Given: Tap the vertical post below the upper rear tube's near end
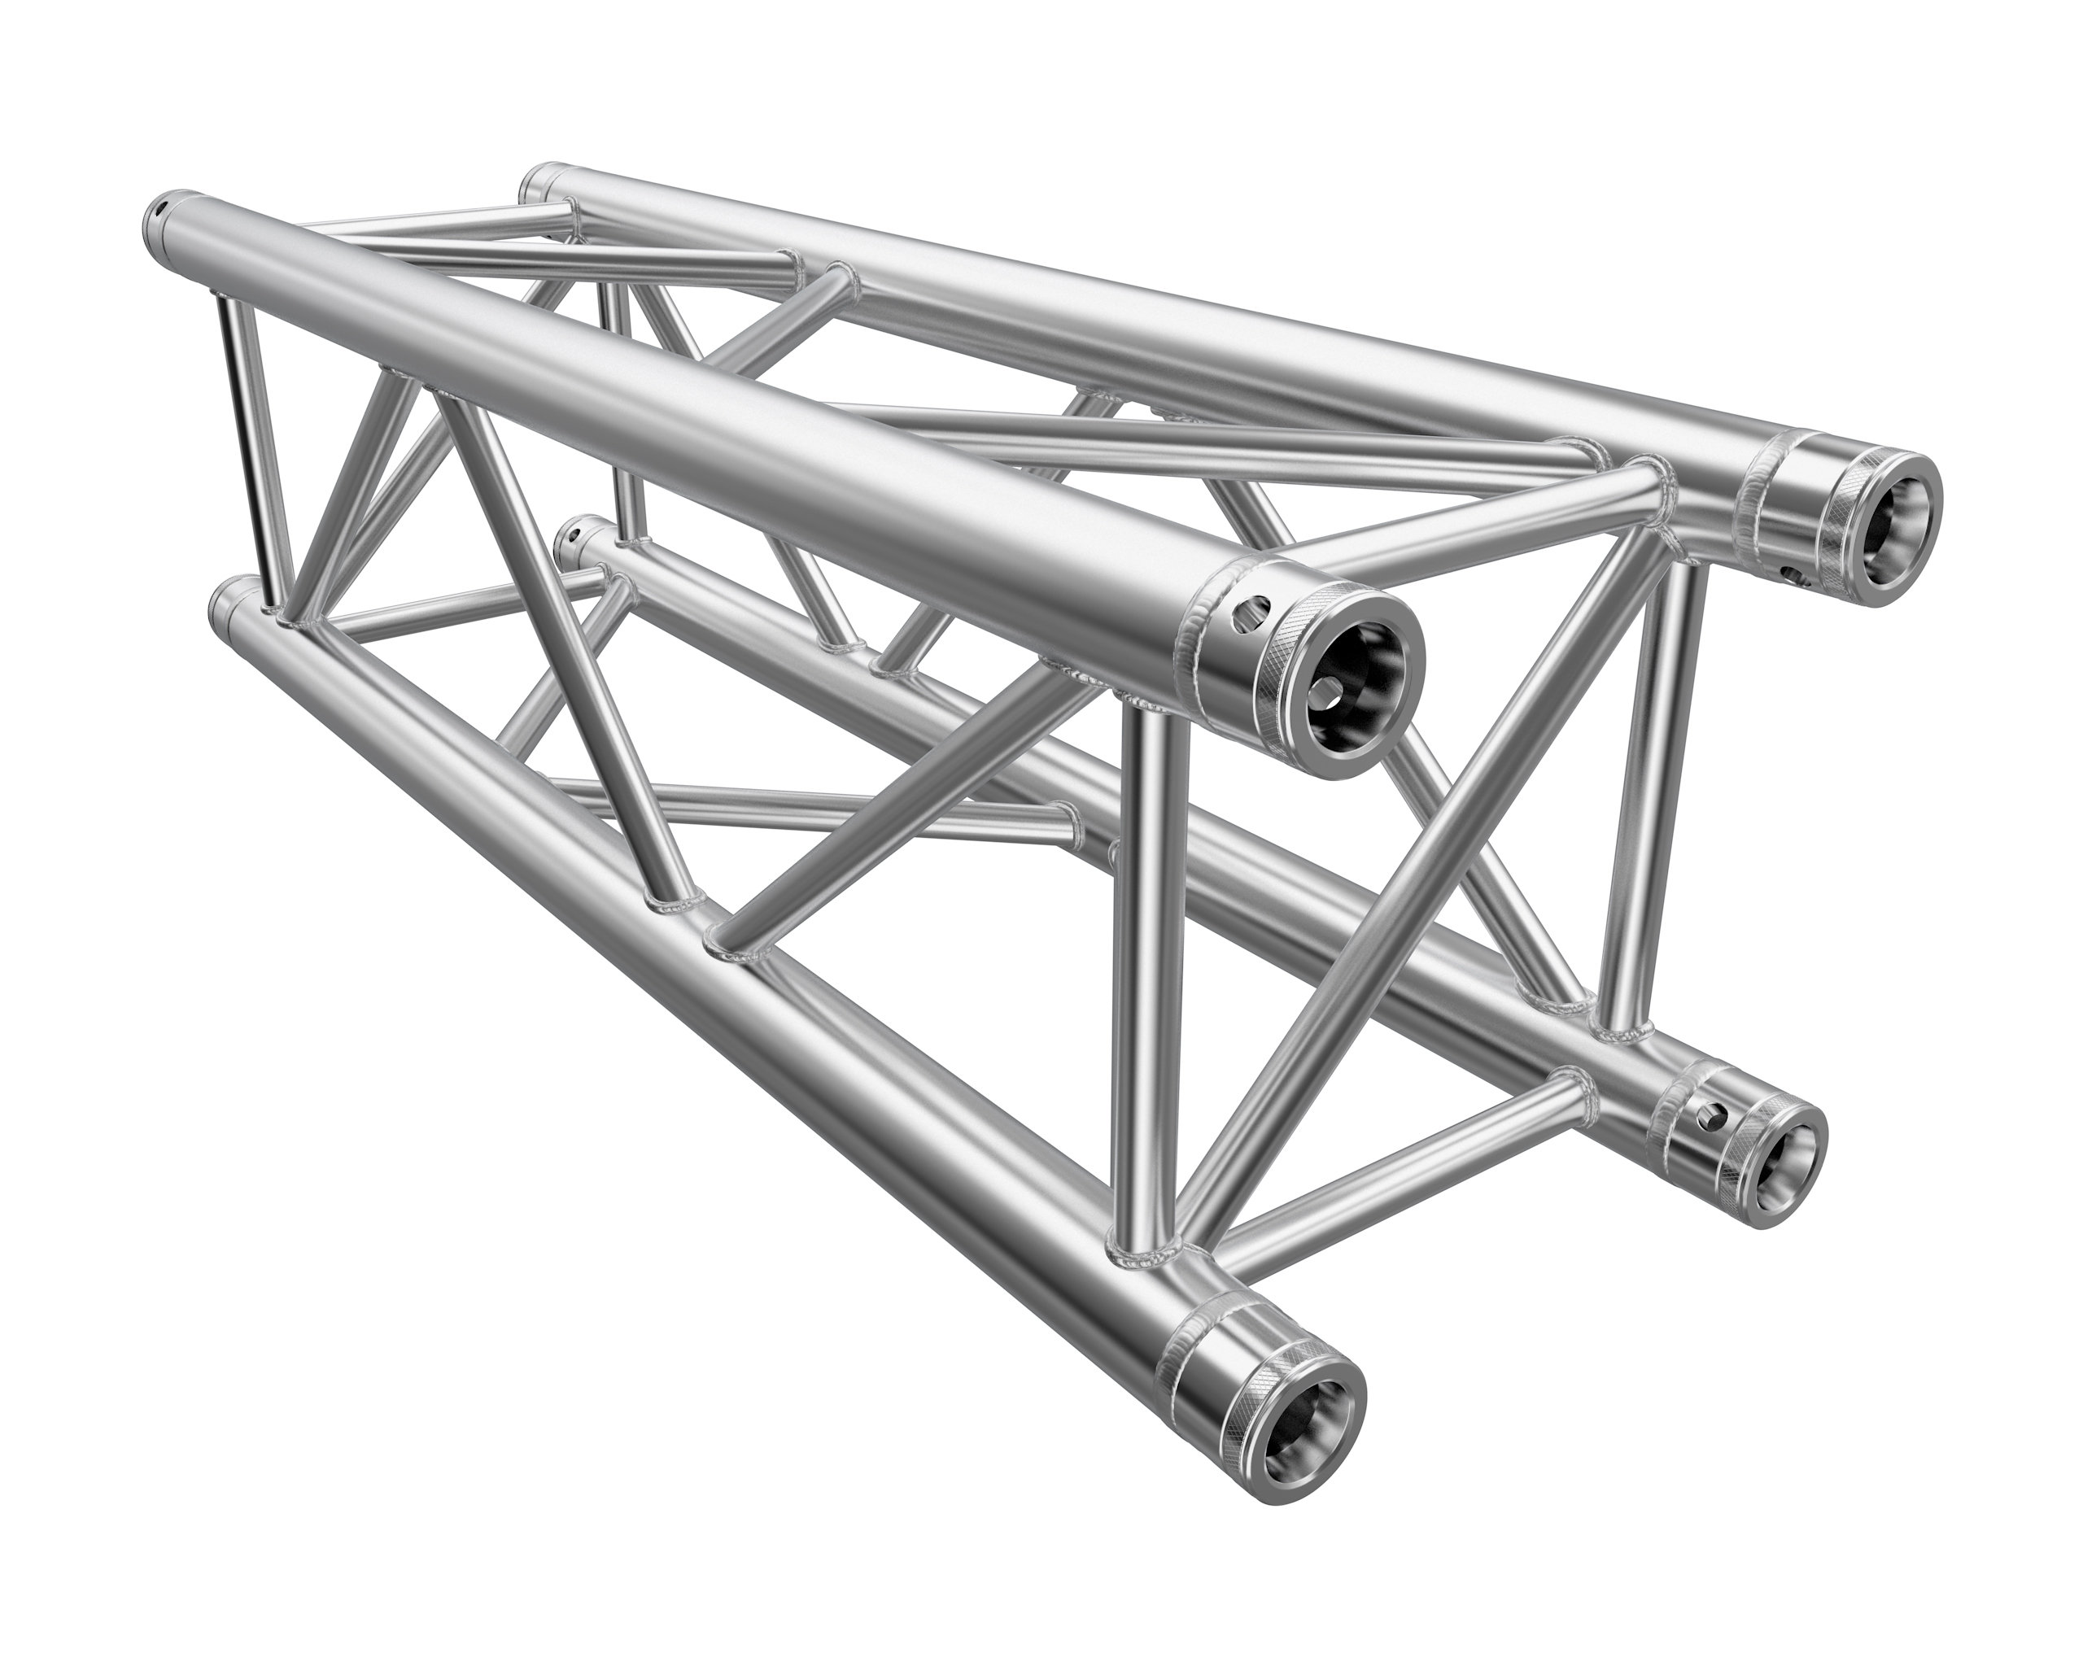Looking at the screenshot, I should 1660,773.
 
